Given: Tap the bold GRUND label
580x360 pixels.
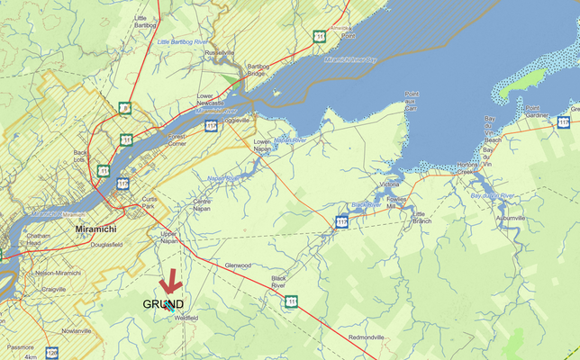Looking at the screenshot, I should (163, 304).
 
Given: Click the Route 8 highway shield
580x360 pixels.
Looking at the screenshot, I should (125, 110).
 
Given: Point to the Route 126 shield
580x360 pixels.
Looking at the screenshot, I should (52, 353).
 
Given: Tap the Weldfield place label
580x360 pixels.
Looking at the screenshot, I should (186, 318).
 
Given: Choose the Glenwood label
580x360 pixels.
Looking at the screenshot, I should (237, 265).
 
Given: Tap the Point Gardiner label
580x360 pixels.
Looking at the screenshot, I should (538, 112).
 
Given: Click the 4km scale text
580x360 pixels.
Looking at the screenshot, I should (31, 356).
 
